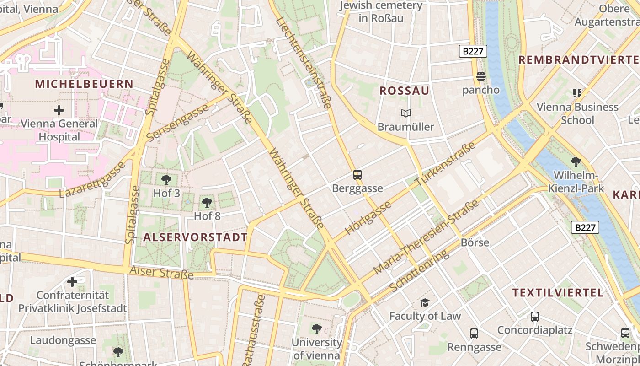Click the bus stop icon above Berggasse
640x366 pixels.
click(x=357, y=175)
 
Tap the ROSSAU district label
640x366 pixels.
click(x=405, y=91)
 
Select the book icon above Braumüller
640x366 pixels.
click(x=405, y=113)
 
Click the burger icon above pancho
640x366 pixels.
click(x=480, y=76)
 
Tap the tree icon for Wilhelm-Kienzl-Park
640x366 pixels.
click(x=576, y=161)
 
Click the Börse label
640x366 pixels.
click(x=475, y=242)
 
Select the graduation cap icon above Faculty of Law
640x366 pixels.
click(x=425, y=302)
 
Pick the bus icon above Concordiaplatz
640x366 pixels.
click(x=534, y=316)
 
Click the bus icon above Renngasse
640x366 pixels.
click(x=474, y=334)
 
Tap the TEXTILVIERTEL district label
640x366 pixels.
click(x=558, y=292)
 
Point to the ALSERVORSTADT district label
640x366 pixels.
click(x=195, y=237)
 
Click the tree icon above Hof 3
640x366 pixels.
click(x=166, y=179)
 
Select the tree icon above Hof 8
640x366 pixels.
click(x=207, y=202)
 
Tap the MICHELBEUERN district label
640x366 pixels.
click(x=84, y=84)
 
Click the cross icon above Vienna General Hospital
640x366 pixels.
click(x=59, y=110)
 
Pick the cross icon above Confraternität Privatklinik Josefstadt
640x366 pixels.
click(x=72, y=281)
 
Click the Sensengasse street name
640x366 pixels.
click(x=179, y=123)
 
